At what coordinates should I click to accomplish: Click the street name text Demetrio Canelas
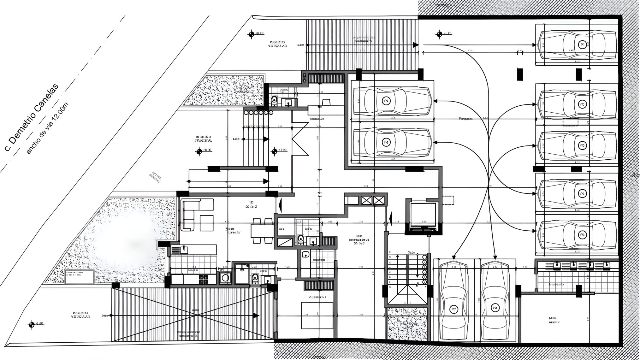click(30, 117)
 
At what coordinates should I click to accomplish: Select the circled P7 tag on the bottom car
click(453, 309)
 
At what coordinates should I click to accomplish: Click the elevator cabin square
click(423, 214)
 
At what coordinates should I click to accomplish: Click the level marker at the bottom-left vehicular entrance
click(32, 324)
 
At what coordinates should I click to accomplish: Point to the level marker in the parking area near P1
click(439, 34)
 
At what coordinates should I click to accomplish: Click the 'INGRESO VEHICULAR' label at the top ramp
click(277, 44)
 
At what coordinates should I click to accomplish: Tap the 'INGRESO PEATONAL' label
click(203, 139)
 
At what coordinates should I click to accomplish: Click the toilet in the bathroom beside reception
click(274, 100)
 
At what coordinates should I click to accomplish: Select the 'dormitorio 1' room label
click(317, 297)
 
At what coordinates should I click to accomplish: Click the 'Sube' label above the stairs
click(411, 253)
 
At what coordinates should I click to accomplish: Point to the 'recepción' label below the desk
click(317, 119)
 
